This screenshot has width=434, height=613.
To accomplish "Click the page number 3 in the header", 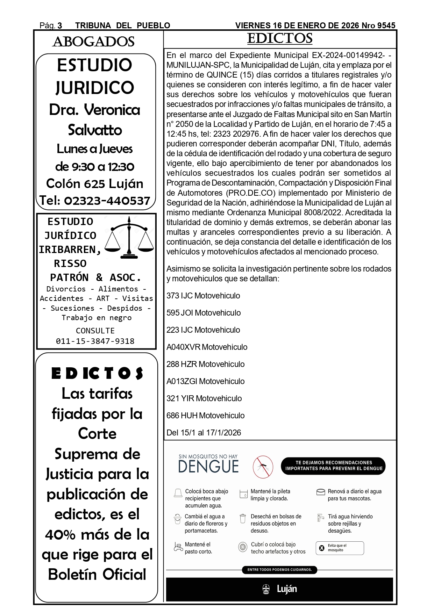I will coord(60,26).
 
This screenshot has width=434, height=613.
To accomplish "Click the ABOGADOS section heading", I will coord(93,42).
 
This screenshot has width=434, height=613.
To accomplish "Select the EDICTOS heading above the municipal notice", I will coord(279,38).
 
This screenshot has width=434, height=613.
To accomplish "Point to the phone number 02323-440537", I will coord(95,201).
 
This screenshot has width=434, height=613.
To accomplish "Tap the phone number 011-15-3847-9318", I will coord(95,341).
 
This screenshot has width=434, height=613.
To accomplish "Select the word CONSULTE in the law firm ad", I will coord(95,331).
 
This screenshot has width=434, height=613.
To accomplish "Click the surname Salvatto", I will coord(95,130).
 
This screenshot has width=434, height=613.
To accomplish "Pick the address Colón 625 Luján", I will coord(95,183).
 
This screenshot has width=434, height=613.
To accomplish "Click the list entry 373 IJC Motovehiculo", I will coord(203,296).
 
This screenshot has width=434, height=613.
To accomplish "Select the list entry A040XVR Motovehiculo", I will coord(207,347).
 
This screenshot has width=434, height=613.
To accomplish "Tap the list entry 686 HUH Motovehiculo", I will coord(205,416).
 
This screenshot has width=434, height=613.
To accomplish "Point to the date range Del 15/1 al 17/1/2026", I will coord(204,433).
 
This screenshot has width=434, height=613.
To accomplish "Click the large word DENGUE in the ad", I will coord(208,467).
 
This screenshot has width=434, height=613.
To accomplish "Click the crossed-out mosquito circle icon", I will coord(263,467).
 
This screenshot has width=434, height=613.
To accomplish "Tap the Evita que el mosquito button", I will coord(340,548).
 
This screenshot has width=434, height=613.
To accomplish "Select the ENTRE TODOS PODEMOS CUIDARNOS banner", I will coord(279,570).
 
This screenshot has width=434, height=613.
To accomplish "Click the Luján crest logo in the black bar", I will coord(266,589).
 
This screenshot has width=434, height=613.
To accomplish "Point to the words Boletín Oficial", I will coord(97,575).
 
